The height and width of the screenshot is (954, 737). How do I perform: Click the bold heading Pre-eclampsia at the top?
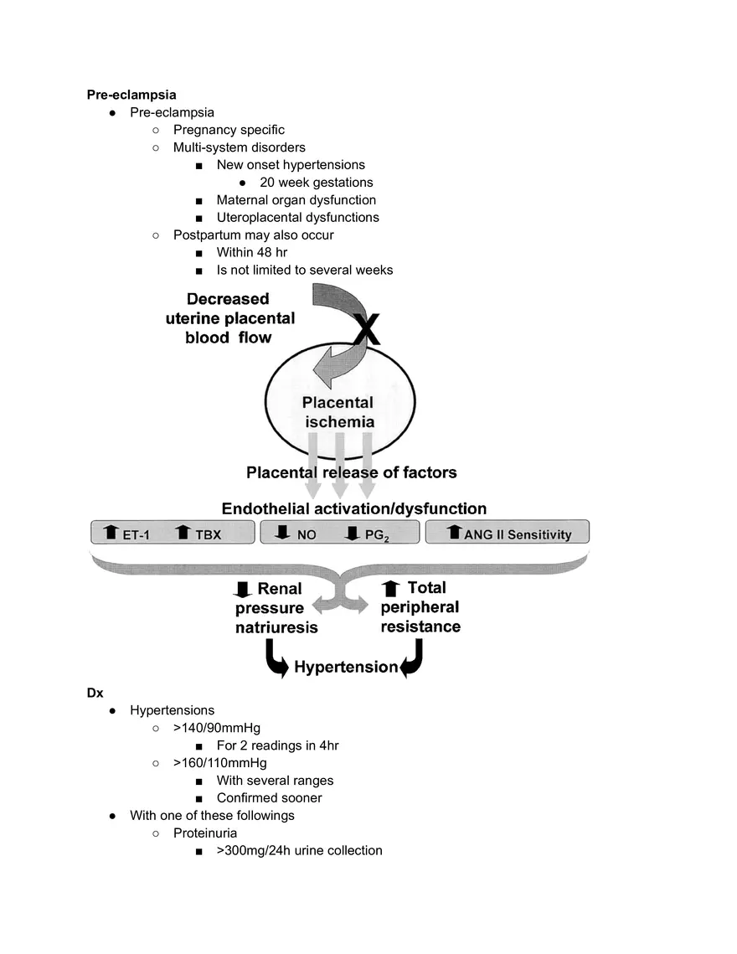coord(131,95)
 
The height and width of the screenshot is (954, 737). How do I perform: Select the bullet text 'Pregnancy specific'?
coord(229,130)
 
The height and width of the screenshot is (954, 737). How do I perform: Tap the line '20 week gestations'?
coord(316,183)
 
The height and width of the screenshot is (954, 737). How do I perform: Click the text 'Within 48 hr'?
coord(252,252)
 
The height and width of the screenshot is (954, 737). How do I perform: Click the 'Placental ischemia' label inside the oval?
coord(338,412)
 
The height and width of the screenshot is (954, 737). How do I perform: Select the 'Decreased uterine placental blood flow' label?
coord(228,317)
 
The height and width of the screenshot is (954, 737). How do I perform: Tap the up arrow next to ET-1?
coord(111,533)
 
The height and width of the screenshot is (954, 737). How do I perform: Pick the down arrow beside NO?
coord(281,533)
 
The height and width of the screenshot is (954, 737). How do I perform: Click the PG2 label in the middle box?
coord(377,534)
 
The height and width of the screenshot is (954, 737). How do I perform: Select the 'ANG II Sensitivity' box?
coord(508,533)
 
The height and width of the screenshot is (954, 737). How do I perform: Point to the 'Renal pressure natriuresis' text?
coord(277,608)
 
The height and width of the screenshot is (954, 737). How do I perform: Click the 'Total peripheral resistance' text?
coord(420,607)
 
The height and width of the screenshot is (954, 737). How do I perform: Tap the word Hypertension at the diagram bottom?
coord(345,667)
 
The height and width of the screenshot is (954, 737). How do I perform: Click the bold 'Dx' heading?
coord(95,693)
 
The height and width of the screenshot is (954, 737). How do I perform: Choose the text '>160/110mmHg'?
coord(219,763)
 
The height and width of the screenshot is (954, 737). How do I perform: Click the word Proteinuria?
coord(204,833)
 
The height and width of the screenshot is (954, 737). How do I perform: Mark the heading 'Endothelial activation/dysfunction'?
coord(353,508)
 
